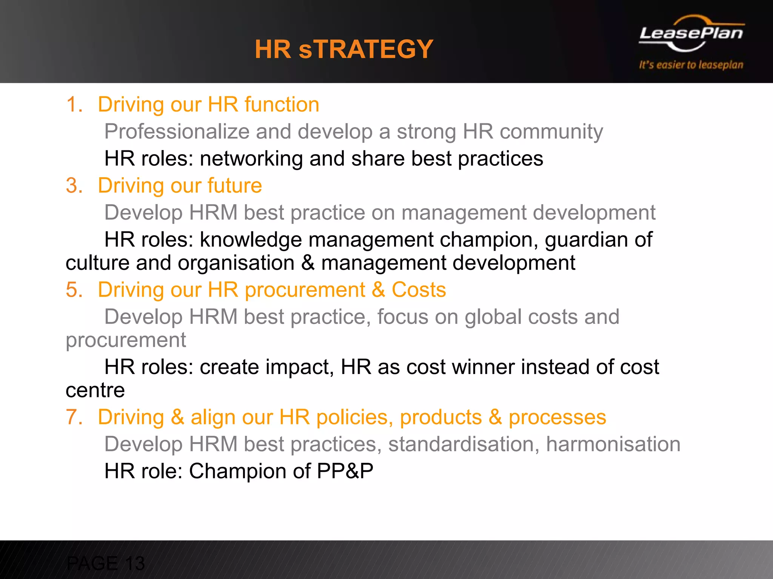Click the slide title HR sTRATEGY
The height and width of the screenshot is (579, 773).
(344, 49)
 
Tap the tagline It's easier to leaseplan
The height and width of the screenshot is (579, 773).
(691, 65)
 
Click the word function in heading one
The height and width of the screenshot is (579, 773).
(282, 104)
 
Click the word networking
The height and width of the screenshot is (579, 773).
(251, 159)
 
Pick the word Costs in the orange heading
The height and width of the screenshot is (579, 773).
(419, 290)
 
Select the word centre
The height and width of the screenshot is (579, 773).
(95, 391)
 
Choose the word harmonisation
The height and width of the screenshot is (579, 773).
(613, 444)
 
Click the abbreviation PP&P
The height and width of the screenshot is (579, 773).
(345, 471)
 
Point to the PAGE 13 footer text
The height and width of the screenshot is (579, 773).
(105, 564)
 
